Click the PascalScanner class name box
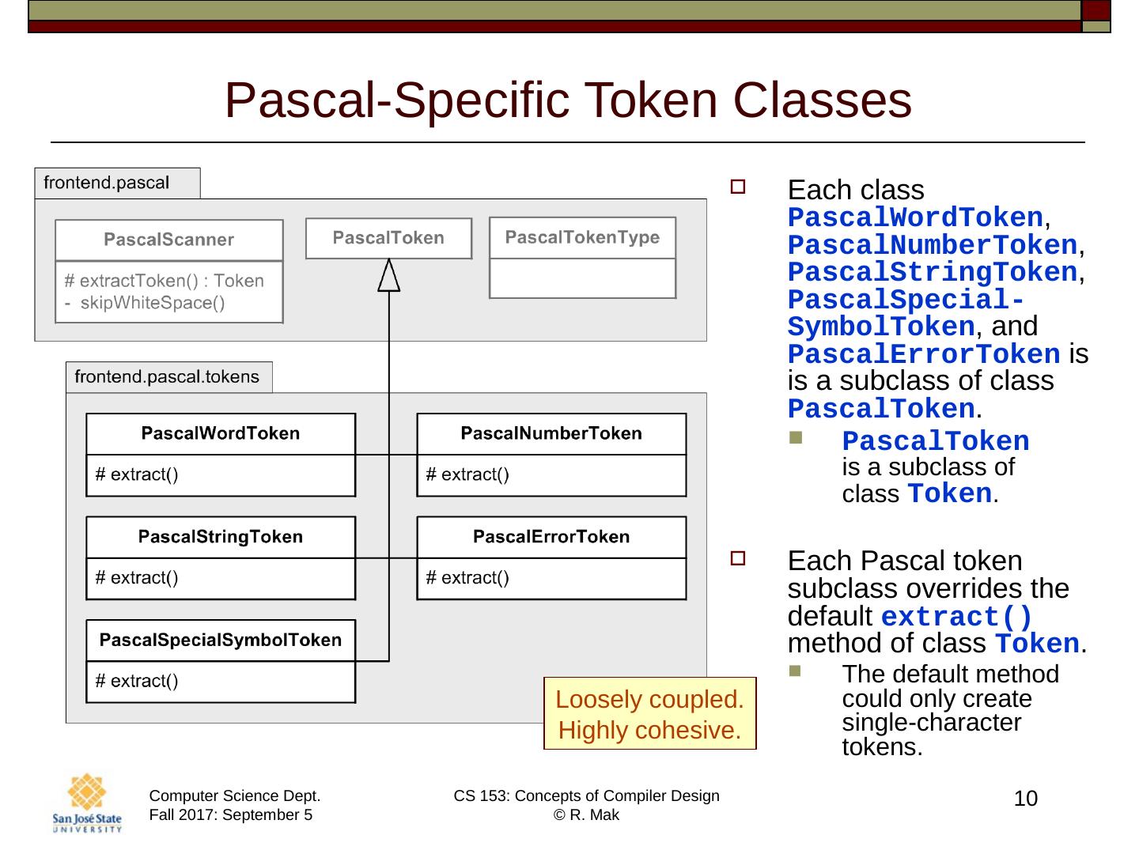click(x=168, y=240)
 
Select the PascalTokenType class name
click(x=582, y=237)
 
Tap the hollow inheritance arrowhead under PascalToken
click(x=388, y=276)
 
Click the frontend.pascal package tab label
click(x=106, y=183)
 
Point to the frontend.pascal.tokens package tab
click(x=167, y=377)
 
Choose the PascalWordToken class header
click(x=220, y=433)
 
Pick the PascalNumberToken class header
click(x=551, y=433)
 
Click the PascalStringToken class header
click(x=220, y=537)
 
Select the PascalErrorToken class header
click(x=551, y=537)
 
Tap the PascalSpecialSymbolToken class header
click(x=220, y=640)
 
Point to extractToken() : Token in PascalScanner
click(x=164, y=281)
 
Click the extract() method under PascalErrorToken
click(x=467, y=578)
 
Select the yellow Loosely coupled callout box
click(x=649, y=714)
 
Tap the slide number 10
click(x=1025, y=799)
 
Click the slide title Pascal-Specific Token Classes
click(x=568, y=100)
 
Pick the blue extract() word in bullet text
click(x=956, y=617)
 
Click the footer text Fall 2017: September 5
click(x=230, y=815)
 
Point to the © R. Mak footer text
click(x=586, y=815)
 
